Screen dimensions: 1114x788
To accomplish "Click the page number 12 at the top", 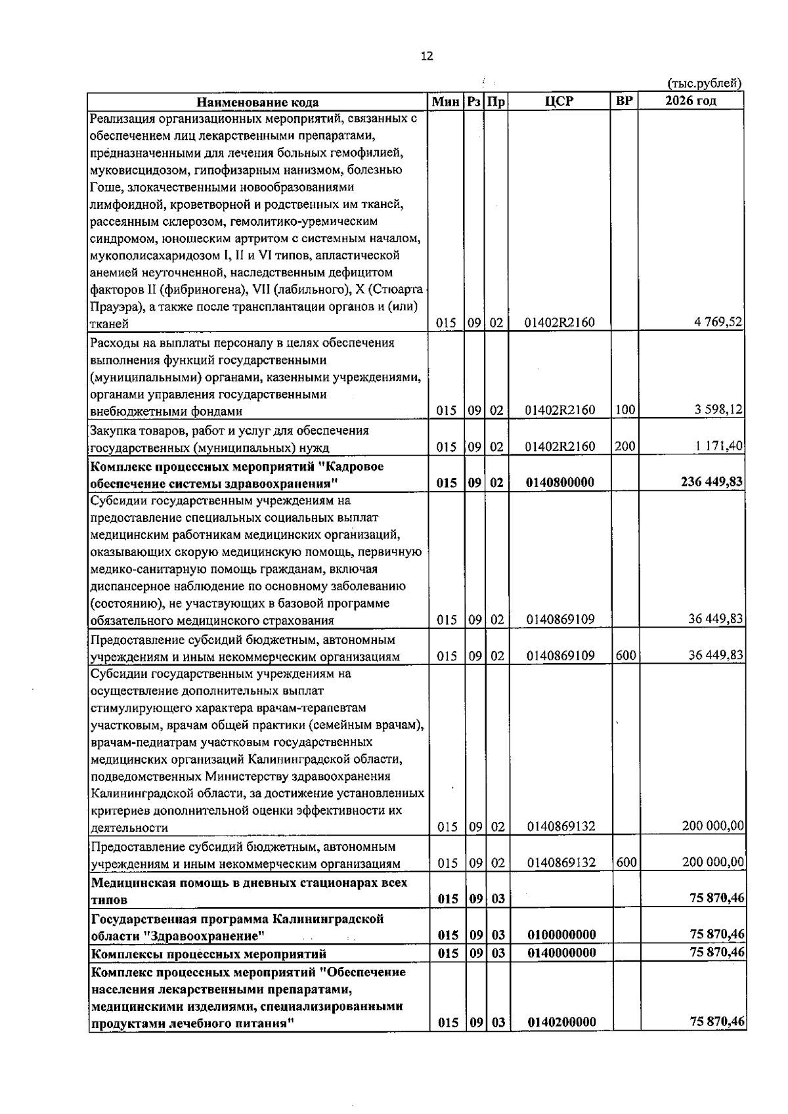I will tap(427, 56).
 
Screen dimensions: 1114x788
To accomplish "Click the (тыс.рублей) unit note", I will tap(704, 83).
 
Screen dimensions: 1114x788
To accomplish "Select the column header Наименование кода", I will tap(258, 102).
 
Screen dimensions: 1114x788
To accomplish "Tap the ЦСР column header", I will tap(559, 101).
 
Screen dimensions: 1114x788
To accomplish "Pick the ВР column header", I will tap(624, 101).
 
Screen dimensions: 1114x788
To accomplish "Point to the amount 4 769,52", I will tap(718, 322).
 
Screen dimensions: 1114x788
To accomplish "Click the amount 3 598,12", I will tap(718, 410).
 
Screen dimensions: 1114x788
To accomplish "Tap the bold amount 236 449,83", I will tap(712, 482).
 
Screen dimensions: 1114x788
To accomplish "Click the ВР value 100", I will tap(625, 410).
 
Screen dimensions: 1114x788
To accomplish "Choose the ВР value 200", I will tap(625, 446).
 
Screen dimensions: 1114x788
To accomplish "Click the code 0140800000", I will tap(560, 482).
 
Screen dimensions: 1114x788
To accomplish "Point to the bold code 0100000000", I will tap(561, 935).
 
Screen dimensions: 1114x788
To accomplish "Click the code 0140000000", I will tap(561, 953).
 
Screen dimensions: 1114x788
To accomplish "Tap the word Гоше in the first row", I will tap(104, 187).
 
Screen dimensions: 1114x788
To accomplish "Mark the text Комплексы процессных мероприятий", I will tap(208, 954).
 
